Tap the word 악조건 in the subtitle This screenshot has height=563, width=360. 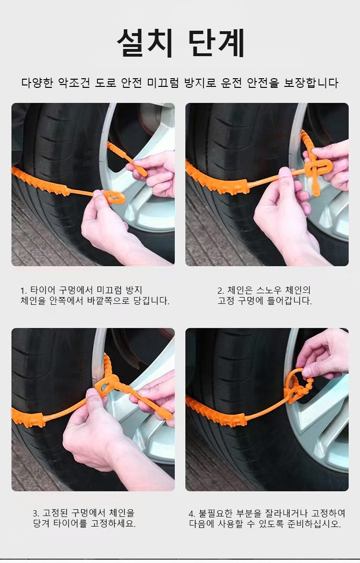coord(74,83)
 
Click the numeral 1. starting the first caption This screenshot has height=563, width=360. coord(24,290)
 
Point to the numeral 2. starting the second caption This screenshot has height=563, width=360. coord(221,290)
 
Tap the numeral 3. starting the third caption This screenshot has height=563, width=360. coord(36,513)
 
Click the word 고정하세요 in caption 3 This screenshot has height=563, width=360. coord(113,524)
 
